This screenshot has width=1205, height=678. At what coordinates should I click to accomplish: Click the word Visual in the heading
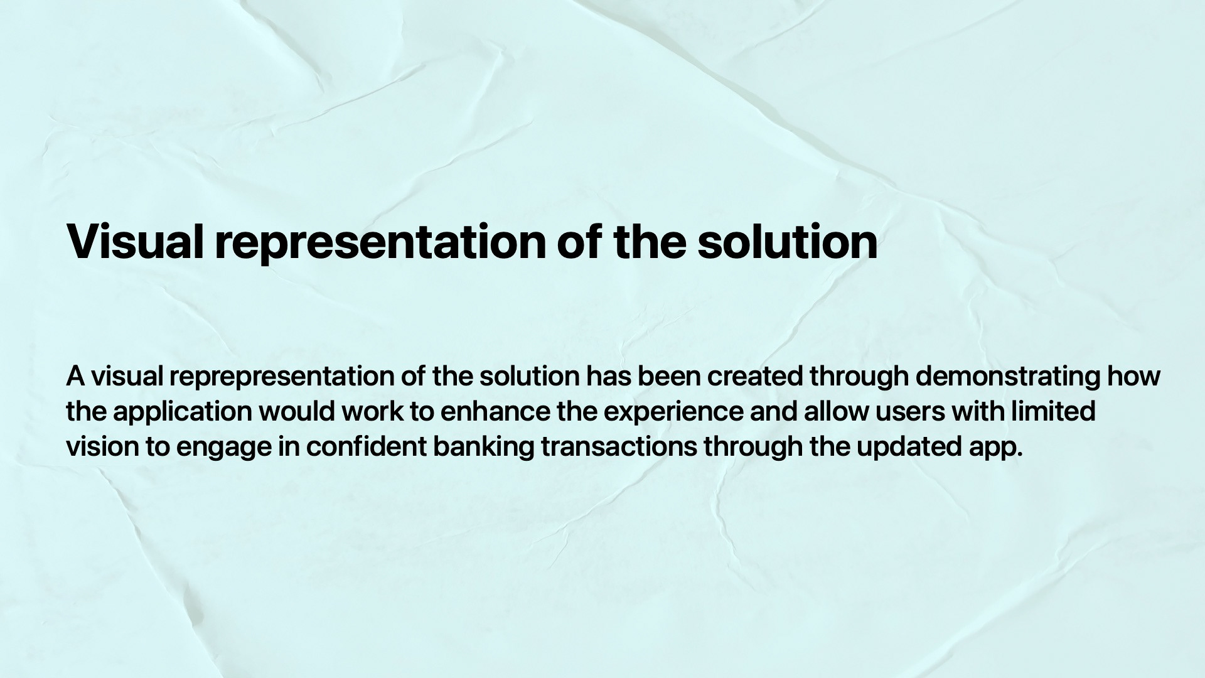[136, 241]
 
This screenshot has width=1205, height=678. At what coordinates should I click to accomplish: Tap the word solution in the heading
[788, 241]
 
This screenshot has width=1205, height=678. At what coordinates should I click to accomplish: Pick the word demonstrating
[1008, 377]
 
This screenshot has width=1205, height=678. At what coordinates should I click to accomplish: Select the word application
[183, 412]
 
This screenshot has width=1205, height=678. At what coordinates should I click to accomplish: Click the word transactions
[619, 447]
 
